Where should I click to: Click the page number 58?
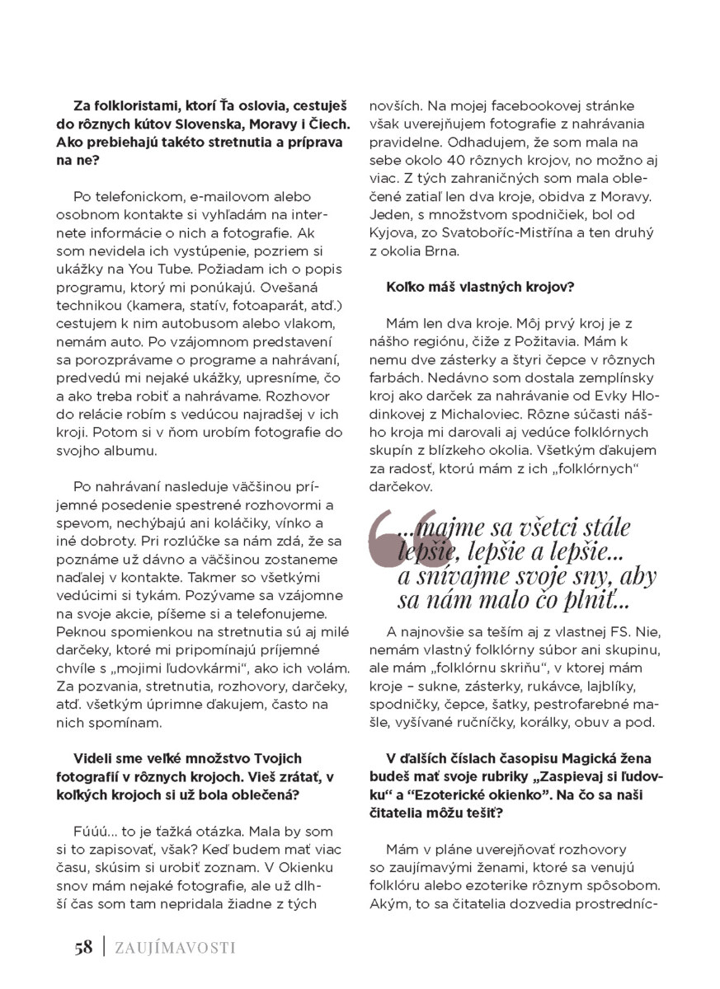pyautogui.click(x=82, y=947)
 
